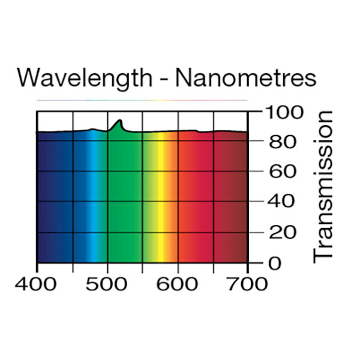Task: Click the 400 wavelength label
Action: point(37,283)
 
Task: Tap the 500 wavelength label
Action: point(108,283)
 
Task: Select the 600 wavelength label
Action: point(178,283)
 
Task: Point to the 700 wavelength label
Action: point(248,283)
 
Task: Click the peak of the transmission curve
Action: point(121,121)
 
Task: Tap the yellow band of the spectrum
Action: point(160,198)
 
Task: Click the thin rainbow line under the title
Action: point(142,100)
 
